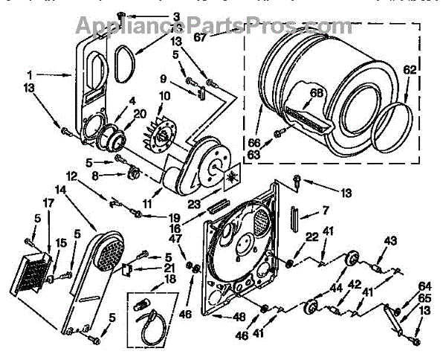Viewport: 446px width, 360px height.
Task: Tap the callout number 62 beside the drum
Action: (410, 71)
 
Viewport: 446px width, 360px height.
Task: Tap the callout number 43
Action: (390, 240)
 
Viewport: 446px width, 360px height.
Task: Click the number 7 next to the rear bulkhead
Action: (304, 211)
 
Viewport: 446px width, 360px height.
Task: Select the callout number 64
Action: (424, 286)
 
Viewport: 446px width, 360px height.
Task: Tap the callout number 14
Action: (60, 189)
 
